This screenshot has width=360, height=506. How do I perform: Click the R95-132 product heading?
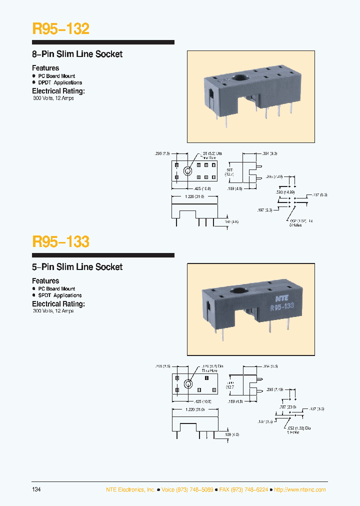click(60, 28)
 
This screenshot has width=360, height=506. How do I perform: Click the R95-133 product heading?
click(60, 241)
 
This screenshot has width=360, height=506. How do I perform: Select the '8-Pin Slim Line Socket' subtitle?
click(77, 54)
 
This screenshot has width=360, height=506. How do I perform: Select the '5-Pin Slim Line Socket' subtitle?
click(77, 267)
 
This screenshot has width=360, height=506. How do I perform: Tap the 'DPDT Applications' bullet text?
click(59, 82)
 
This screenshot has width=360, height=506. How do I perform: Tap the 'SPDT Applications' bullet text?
click(59, 295)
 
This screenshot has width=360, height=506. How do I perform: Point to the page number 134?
click(36, 489)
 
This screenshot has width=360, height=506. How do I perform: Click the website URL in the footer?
click(301, 489)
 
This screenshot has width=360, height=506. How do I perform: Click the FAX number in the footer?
click(243, 489)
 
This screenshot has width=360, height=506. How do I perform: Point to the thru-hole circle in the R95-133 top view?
click(188, 384)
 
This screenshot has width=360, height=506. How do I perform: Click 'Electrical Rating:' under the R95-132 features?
click(58, 91)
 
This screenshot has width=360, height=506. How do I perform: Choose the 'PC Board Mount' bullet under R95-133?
click(56, 288)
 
